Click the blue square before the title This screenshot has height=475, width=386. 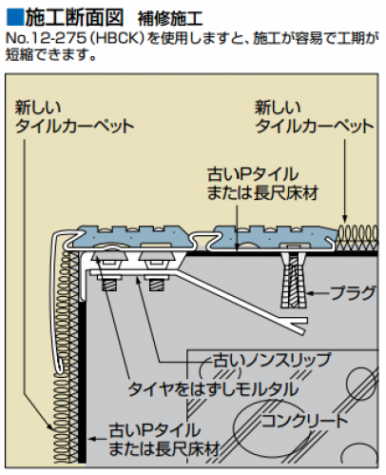coord(14,16)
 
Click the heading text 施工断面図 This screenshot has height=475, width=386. coord(74,17)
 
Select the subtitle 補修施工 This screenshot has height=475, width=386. coord(170,19)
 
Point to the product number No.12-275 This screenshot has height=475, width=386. coord(47,38)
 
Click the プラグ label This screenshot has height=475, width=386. coord(354,293)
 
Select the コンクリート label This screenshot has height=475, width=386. coord(304,421)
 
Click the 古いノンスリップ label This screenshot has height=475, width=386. coord(272,360)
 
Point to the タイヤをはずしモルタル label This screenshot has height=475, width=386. coord(213,389)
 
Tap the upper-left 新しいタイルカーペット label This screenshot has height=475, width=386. coord(74,117)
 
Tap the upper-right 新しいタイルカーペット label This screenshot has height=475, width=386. coord(315,117)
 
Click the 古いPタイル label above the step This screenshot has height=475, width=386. coord(262,184)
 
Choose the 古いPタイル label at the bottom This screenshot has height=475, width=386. coord(164,440)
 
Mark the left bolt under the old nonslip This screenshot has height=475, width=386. coord(111,282)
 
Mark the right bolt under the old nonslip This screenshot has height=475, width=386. coord(157,282)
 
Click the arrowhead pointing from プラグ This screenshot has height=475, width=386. coord(310,293)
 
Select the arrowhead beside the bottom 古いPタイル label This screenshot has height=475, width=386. coord(92,439)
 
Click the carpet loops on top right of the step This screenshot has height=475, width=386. coord(357,236)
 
